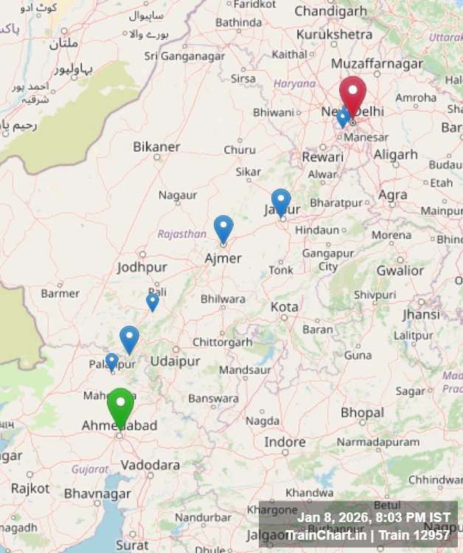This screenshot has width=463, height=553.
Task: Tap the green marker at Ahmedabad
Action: click(x=120, y=406)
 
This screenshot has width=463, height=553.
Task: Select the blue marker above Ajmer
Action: click(x=223, y=228)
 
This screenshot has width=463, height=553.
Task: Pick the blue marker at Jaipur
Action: click(x=281, y=201)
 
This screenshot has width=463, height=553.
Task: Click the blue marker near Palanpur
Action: click(x=111, y=361)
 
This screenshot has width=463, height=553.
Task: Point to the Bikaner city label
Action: click(x=156, y=147)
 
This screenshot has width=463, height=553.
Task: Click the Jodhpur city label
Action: click(x=142, y=267)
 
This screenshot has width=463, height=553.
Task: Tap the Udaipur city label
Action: click(x=175, y=361)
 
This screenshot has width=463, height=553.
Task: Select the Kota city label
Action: click(x=285, y=306)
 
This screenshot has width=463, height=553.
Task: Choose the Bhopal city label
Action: click(x=362, y=413)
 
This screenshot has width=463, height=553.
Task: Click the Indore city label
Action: click(x=285, y=442)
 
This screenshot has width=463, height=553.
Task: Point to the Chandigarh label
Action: click(x=330, y=11)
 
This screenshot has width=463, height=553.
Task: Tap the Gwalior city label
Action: click(x=400, y=271)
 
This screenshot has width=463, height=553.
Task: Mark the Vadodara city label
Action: click(x=150, y=465)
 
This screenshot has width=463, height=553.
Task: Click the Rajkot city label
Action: click(x=30, y=488)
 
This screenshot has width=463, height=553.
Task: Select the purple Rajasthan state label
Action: click(x=181, y=234)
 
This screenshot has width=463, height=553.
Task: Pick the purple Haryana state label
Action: click(x=294, y=83)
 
